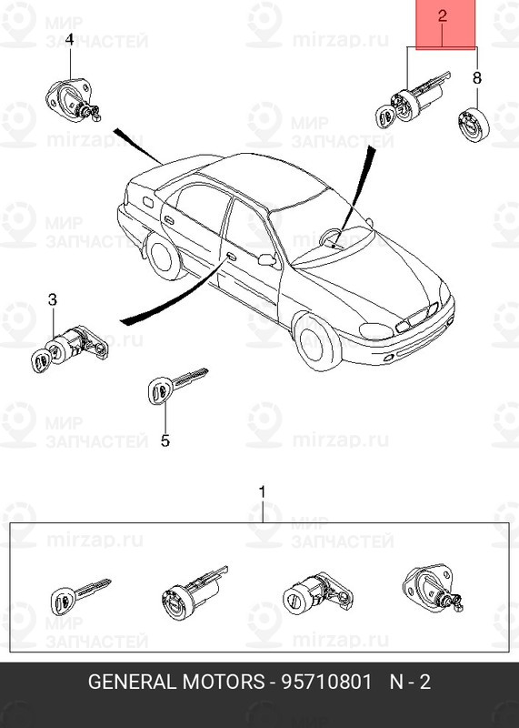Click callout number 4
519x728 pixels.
click(x=69, y=39)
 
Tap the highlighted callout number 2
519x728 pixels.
click(x=443, y=15)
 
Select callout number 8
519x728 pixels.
click(x=477, y=77)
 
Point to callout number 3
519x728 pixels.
click(x=53, y=299)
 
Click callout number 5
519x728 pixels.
click(x=165, y=440)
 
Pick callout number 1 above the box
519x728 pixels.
click(x=263, y=492)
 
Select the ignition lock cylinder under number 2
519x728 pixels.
click(x=412, y=101)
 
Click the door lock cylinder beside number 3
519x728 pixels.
click(x=70, y=349)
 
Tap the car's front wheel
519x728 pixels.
click(x=318, y=342)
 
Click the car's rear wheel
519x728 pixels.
click(x=164, y=257)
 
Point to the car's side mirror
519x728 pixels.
click(x=267, y=260)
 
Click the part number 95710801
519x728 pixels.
click(x=327, y=682)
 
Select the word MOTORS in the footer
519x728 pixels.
click(x=224, y=682)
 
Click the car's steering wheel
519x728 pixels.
click(x=331, y=237)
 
